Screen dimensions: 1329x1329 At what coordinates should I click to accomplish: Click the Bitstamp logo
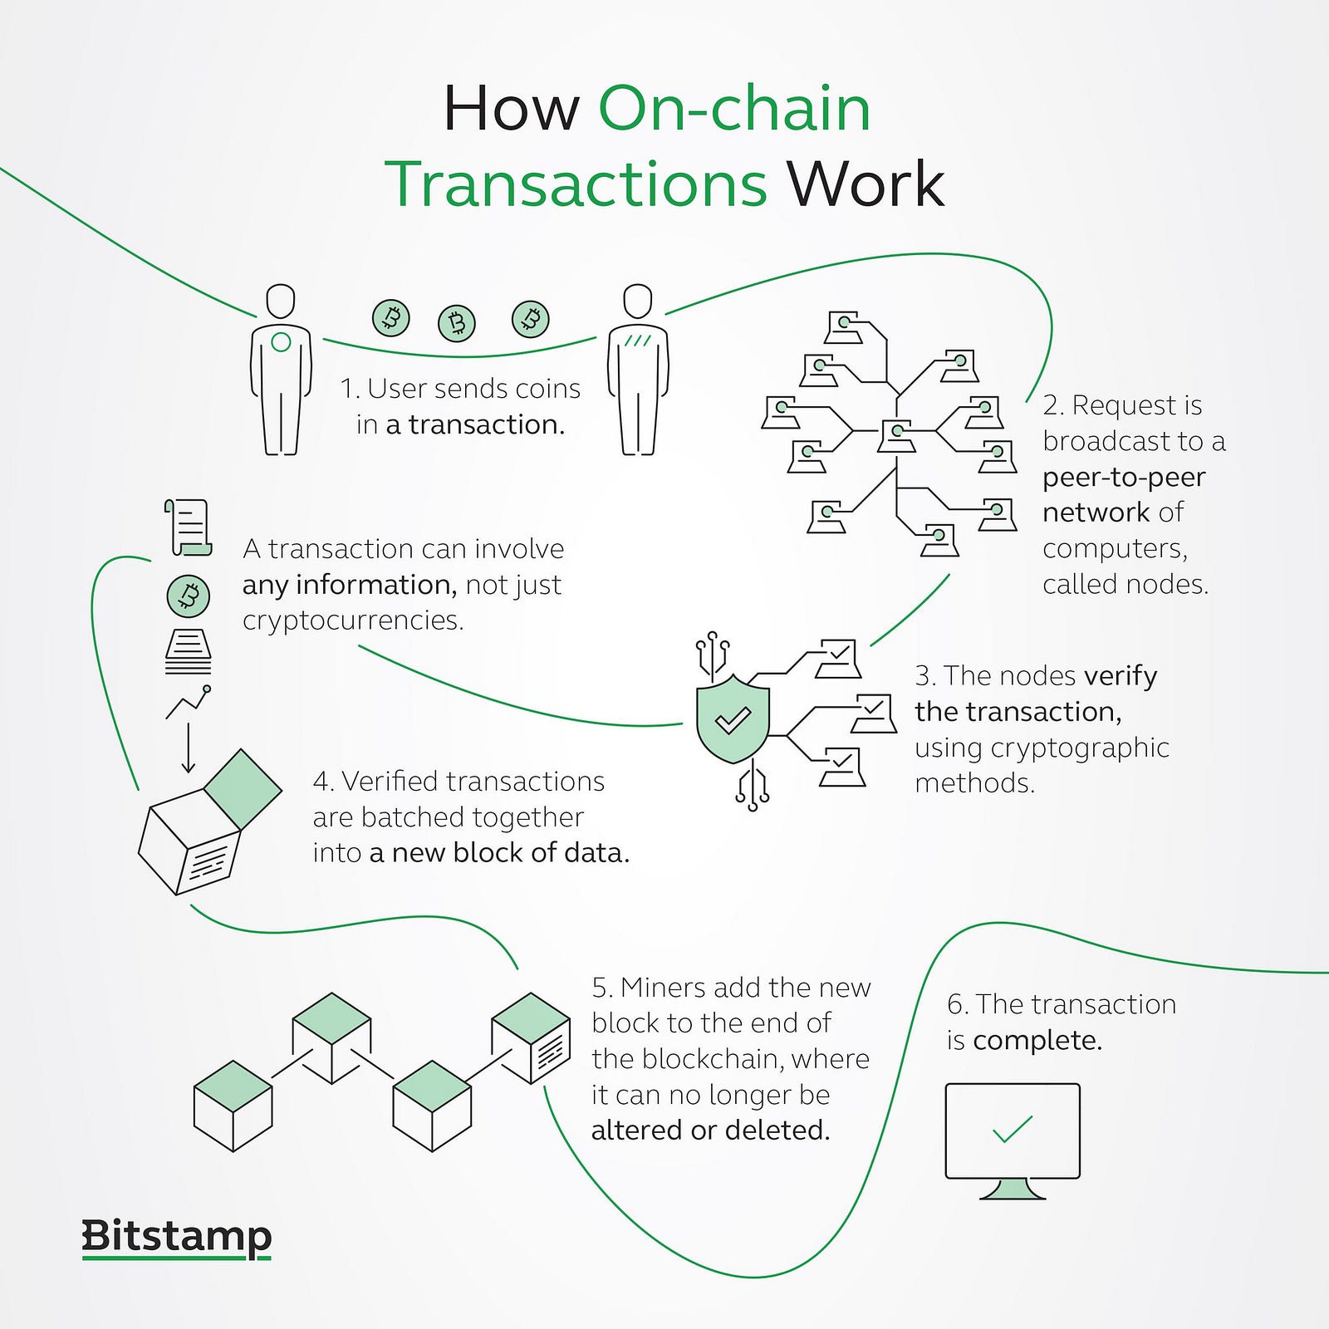pos(177,1238)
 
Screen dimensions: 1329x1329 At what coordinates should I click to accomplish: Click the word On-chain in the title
pos(734,109)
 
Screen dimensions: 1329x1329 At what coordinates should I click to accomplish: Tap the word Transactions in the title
pos(576,184)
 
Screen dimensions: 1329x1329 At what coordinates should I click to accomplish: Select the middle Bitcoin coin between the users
pos(457,322)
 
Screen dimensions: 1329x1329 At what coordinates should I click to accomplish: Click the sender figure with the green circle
pos(281,370)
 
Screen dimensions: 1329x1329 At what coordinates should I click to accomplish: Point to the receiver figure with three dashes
pos(638,370)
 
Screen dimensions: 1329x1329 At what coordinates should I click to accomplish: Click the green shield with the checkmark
pos(733,718)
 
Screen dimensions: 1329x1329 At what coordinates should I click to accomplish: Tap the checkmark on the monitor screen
pos(1013,1129)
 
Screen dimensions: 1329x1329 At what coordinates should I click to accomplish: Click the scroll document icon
pos(188,527)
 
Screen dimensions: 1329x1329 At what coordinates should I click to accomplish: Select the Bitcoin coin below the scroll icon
pos(189,596)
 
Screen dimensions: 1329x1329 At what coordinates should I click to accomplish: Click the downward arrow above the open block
pos(189,748)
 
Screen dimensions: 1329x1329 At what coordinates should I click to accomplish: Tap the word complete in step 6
pos(1037,1041)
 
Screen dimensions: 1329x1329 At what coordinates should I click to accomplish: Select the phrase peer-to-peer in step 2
pos(1124,478)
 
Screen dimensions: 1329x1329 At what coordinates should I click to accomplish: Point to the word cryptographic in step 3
pos(1080,748)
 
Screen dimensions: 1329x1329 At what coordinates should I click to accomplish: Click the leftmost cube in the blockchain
pos(233,1106)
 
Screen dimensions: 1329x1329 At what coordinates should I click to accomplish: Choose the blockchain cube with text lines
pos(532,1038)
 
